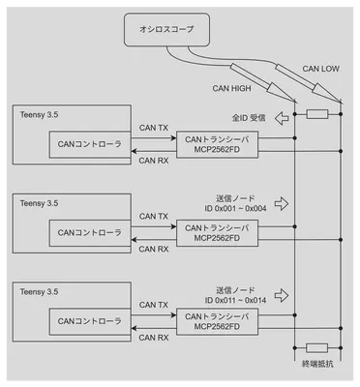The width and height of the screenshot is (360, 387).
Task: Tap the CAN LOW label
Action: point(321,69)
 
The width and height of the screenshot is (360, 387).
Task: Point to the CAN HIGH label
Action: point(231,88)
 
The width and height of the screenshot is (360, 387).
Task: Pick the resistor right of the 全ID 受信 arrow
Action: point(316,114)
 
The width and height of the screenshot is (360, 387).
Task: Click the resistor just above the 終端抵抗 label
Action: point(316,346)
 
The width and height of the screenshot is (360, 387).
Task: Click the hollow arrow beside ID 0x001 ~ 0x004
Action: point(282,203)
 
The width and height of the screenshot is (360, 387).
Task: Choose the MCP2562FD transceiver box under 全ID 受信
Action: point(216,145)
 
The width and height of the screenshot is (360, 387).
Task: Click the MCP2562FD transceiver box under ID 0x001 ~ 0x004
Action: point(216,232)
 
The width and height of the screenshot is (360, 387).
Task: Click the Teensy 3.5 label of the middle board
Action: point(39,203)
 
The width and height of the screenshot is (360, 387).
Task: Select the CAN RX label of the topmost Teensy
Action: point(154,162)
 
